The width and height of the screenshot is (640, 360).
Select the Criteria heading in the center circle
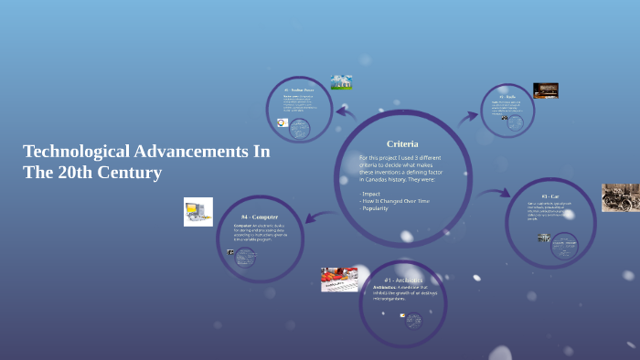coord(402,143)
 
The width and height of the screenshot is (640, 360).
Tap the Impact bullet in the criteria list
coord(371,194)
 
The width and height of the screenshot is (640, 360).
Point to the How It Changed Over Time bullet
coord(394,201)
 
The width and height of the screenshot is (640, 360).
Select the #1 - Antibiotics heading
coord(403,280)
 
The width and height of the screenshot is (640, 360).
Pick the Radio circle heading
coord(507,96)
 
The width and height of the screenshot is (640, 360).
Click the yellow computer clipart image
coord(197,212)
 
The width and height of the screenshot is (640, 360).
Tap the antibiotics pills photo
coord(339,279)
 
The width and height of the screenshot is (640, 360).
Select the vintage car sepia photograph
coord(620,198)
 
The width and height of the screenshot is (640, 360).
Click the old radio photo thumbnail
coord(546,90)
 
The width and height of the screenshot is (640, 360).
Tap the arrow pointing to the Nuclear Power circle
coord(345,113)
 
